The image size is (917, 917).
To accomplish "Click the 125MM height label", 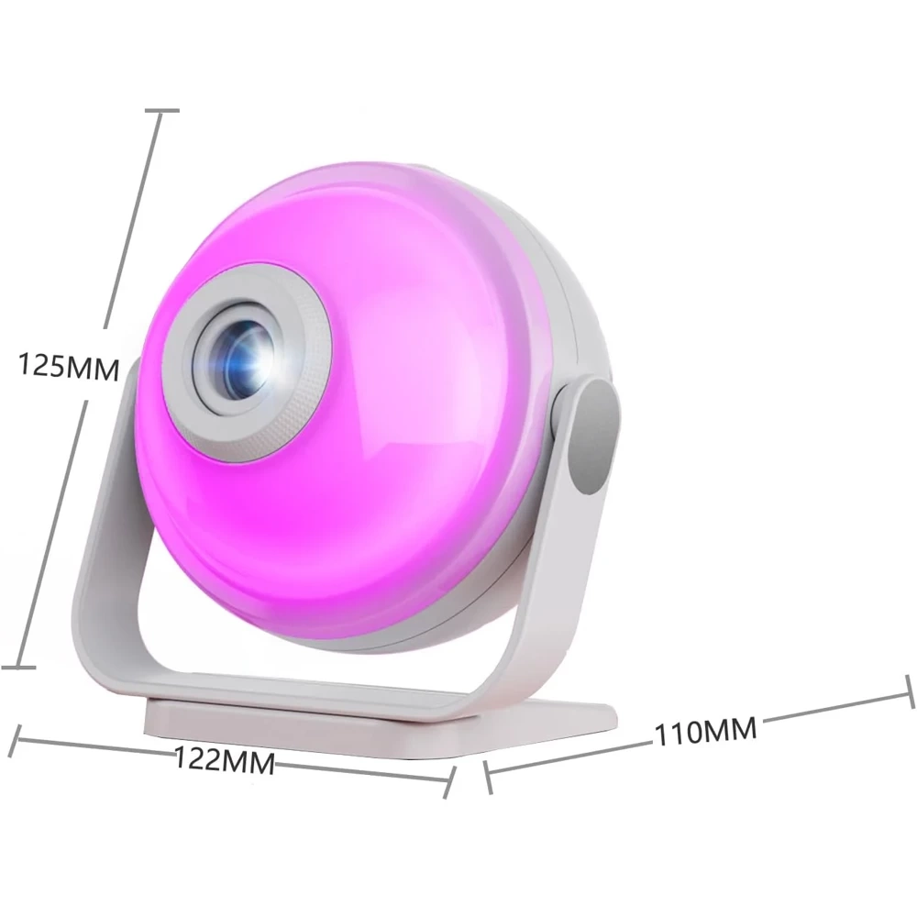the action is [69, 366].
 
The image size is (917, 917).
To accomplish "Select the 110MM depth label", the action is [705, 731].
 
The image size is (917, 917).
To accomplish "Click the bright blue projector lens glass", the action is [246, 362].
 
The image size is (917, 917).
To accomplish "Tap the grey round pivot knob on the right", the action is [595, 436].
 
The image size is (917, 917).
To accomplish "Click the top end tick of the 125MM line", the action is [161, 110].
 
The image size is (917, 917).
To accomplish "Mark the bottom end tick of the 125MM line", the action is [17, 667].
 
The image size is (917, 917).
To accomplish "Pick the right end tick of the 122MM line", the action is [449, 782].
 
